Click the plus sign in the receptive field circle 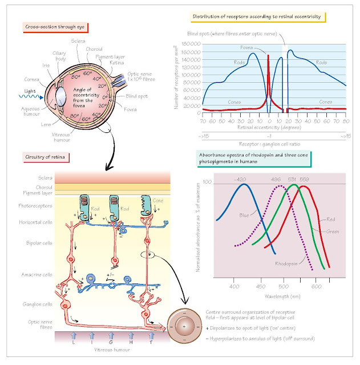click(184, 324)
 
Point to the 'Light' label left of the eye click(15, 91)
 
